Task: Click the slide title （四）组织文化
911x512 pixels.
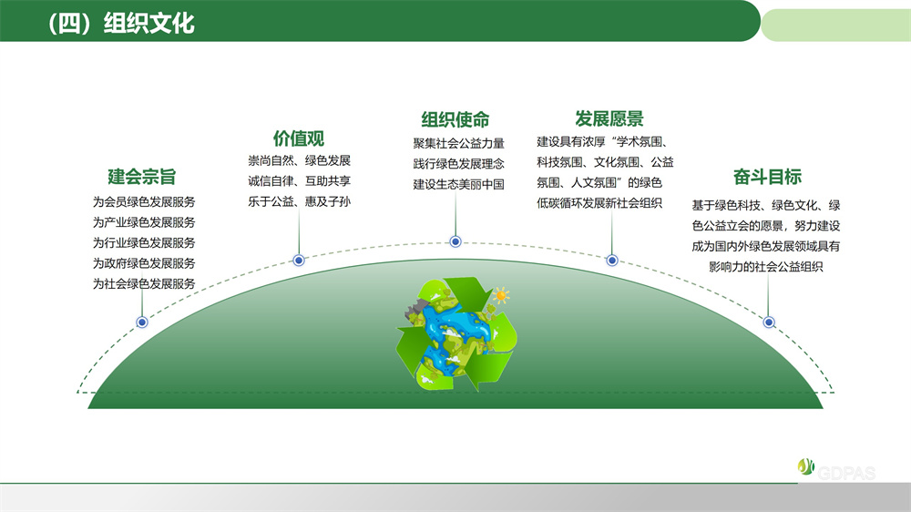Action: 121,23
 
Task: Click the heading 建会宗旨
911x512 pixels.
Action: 142,177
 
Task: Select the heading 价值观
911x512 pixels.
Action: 299,138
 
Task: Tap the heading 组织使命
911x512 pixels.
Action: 455,119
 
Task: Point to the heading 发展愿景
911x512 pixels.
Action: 609,119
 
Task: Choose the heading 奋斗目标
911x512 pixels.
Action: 767,177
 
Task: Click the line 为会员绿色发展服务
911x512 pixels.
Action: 144,202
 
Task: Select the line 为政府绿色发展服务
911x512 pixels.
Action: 144,263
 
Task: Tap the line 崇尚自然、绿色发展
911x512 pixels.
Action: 299,160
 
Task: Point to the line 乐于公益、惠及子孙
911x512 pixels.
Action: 299,201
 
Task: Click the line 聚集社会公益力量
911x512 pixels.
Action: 458,143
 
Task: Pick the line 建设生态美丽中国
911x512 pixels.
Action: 458,184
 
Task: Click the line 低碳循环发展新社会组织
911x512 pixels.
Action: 599,202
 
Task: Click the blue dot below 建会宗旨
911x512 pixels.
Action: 142,323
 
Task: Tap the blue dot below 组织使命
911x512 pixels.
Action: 455,241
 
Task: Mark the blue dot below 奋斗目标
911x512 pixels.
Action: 769,323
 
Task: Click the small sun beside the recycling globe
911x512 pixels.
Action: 500,295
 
